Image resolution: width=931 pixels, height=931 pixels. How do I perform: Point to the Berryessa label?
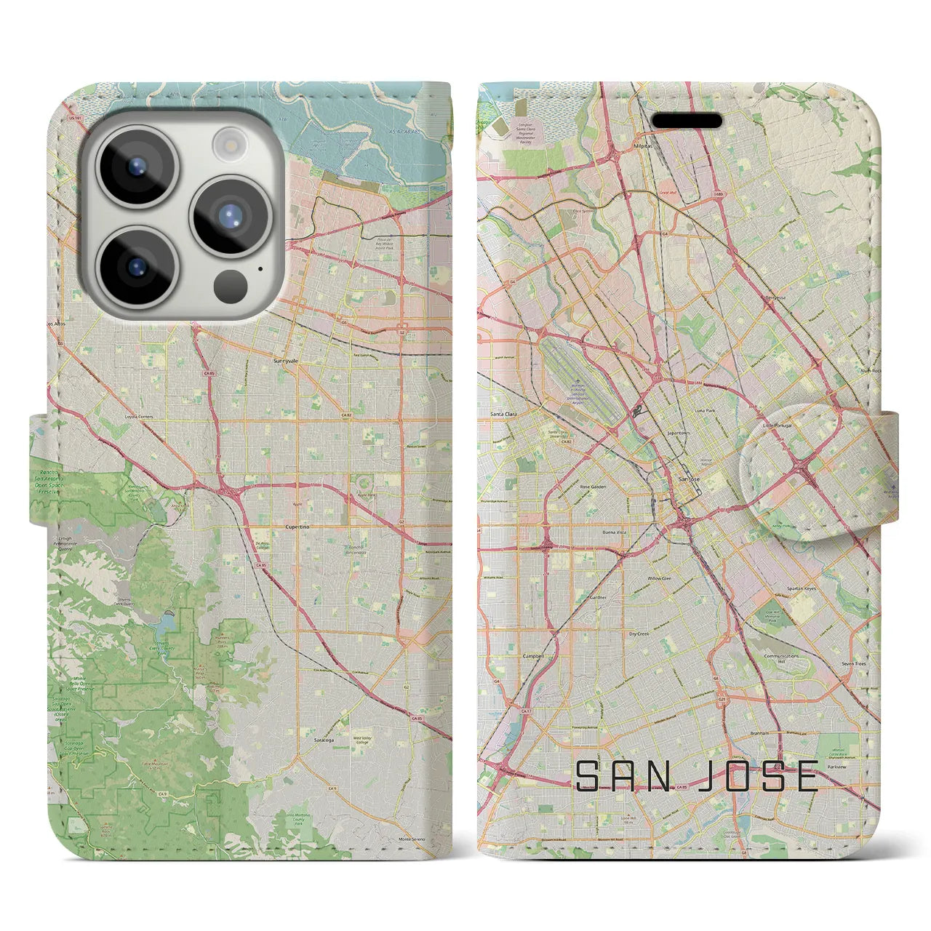point(776,297)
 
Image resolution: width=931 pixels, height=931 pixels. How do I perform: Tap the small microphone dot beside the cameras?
point(260,268)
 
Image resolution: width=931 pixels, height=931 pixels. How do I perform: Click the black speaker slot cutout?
point(686,120)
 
